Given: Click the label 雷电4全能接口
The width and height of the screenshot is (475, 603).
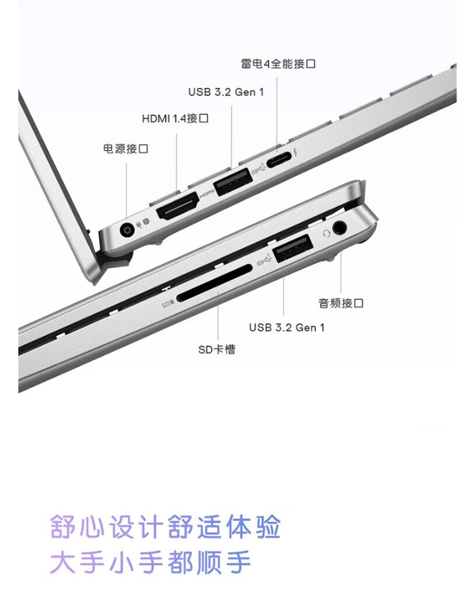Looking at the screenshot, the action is pyautogui.click(x=278, y=63).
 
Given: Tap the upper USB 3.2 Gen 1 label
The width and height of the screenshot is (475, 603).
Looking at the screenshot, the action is pyautogui.click(x=226, y=92).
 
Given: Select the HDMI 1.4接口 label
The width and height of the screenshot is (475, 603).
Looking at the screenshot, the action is pyautogui.click(x=175, y=118).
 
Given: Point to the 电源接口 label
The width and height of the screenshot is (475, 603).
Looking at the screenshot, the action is pyautogui.click(x=125, y=149).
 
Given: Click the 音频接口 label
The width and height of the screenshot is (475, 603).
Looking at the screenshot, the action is pyautogui.click(x=340, y=303).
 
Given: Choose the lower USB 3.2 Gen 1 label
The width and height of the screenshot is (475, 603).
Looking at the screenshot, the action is pyautogui.click(x=286, y=328).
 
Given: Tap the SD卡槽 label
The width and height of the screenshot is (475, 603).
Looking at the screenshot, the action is pyautogui.click(x=216, y=349).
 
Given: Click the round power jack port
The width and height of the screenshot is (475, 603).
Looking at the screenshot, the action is pyautogui.click(x=126, y=231).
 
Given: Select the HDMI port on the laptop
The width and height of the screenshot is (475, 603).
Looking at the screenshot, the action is pyautogui.click(x=177, y=207).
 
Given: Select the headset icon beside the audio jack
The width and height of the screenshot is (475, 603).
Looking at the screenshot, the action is pyautogui.click(x=327, y=233).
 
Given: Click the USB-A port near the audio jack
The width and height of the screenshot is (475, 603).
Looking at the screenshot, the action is pyautogui.click(x=294, y=248).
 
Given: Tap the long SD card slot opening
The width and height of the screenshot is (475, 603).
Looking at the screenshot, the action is pyautogui.click(x=214, y=283).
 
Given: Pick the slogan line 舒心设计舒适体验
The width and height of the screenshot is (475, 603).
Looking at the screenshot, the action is pyautogui.click(x=166, y=526).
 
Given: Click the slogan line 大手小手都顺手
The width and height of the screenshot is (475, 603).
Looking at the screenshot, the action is pyautogui.click(x=150, y=562).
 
